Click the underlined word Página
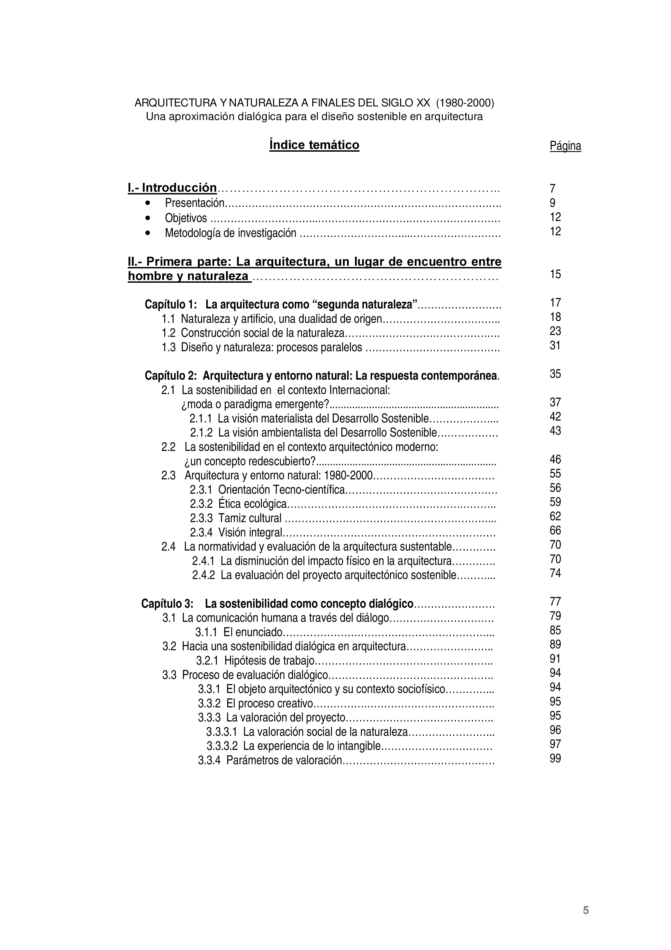pyautogui.click(x=565, y=146)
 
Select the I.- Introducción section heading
pyautogui.click(x=172, y=188)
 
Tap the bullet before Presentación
pyautogui.click(x=148, y=203)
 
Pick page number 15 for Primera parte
pyautogui.click(x=555, y=274)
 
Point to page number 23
pyautogui.click(x=555, y=331)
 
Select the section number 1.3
pyautogui.click(x=169, y=347)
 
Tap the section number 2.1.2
pyautogui.click(x=201, y=433)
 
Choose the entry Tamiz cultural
pyautogui.click(x=250, y=518)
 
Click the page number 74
pyautogui.click(x=555, y=573)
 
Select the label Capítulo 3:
pyautogui.click(x=167, y=604)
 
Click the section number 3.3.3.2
pyautogui.click(x=222, y=746)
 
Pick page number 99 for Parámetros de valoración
pyautogui.click(x=555, y=759)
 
